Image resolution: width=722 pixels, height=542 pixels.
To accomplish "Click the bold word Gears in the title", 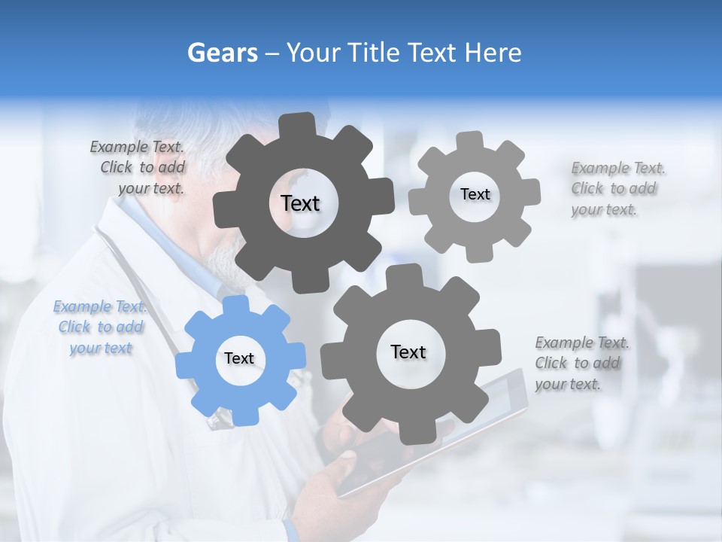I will [221, 53].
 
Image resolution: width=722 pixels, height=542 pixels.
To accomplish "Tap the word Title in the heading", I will [372, 53].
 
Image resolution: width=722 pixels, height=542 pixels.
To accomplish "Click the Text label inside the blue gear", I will [239, 359].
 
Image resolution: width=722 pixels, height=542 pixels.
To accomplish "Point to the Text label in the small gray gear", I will [475, 194].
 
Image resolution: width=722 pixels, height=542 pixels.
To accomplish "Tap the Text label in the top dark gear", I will [300, 203].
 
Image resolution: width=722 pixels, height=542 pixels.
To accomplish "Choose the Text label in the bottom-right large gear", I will [408, 352].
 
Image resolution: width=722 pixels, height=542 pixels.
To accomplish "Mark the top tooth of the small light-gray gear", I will [469, 142].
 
